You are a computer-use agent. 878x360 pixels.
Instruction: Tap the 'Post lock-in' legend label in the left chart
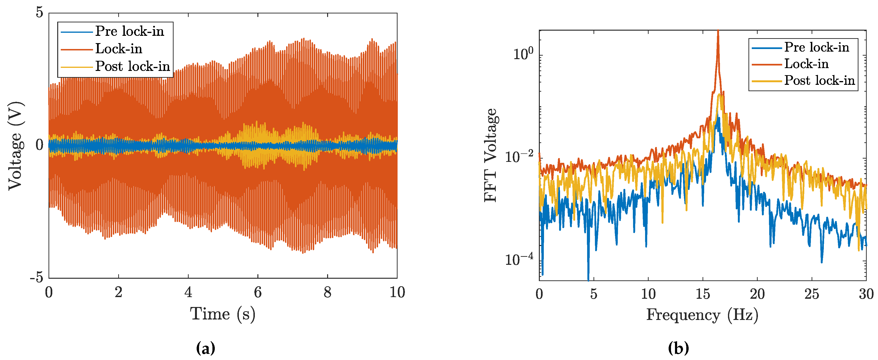click(132, 66)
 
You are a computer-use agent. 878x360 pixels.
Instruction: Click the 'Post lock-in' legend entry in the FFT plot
click(819, 80)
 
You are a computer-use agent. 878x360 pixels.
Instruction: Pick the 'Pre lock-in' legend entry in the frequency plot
click(817, 47)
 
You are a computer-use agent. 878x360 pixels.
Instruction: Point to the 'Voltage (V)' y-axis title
click(15, 146)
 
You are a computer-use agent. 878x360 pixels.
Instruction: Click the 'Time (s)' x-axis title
click(223, 314)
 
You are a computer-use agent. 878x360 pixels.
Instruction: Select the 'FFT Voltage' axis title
click(491, 155)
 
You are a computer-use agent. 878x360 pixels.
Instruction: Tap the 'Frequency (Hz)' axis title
click(702, 315)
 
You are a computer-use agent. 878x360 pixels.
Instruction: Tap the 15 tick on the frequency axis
click(703, 294)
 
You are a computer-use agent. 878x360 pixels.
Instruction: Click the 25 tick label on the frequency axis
click(812, 294)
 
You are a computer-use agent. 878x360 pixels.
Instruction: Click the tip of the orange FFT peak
click(718, 31)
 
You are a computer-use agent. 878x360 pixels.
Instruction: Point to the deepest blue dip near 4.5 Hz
click(588, 280)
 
